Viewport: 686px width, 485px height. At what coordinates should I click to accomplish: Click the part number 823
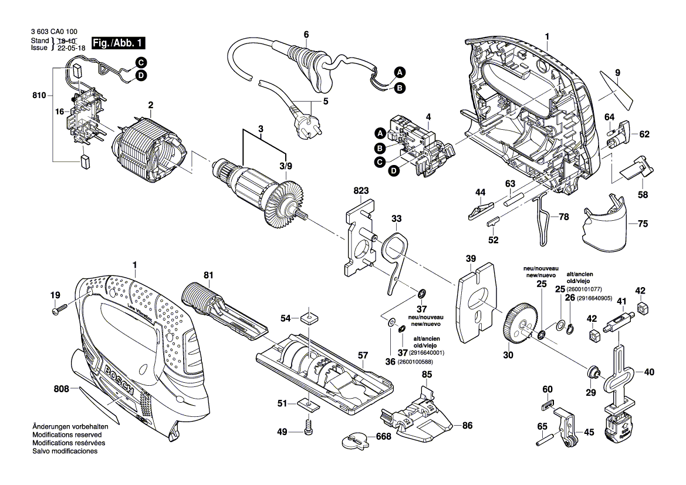pyautogui.click(x=361, y=191)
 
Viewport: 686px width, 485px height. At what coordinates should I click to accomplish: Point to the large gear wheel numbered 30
pyautogui.click(x=517, y=325)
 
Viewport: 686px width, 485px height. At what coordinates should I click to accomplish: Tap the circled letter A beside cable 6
pyautogui.click(x=400, y=73)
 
